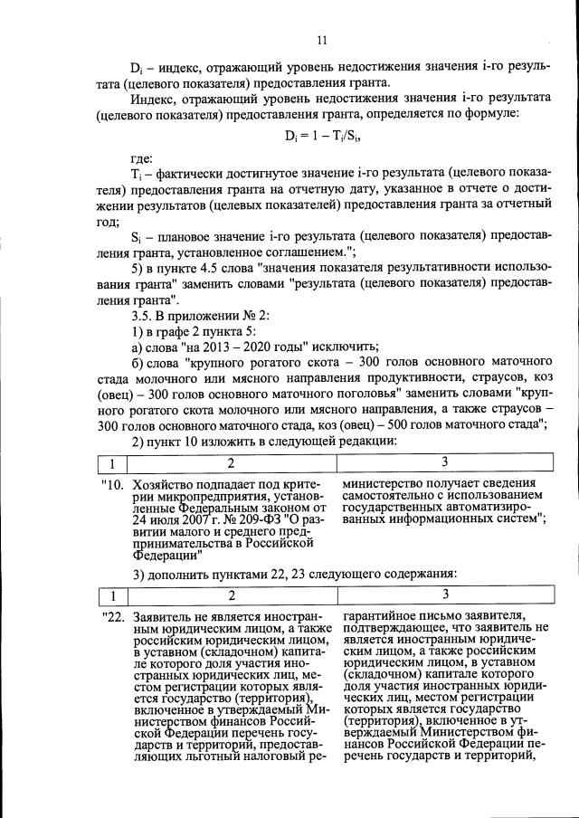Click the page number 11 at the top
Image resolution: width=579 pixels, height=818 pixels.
pyautogui.click(x=321, y=40)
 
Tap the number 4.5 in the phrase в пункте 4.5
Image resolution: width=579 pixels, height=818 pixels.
pyautogui.click(x=233, y=270)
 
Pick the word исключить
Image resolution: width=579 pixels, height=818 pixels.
pyautogui.click(x=344, y=348)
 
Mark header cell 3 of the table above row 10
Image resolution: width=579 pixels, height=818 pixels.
pyautogui.click(x=444, y=463)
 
